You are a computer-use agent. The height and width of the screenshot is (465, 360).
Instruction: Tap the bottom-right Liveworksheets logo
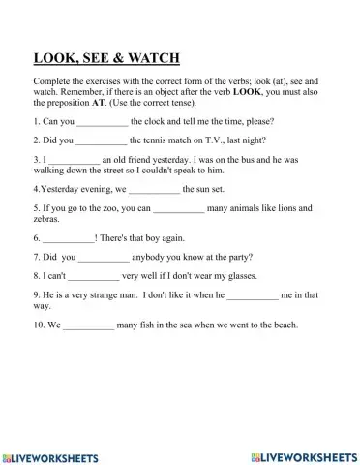pyautogui.click(x=303, y=455)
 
